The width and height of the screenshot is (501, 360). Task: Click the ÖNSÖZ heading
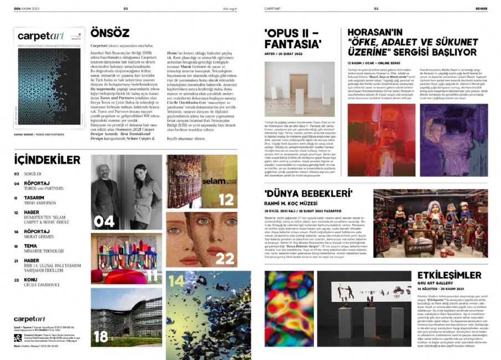110,33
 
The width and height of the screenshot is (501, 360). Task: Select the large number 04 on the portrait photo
104,222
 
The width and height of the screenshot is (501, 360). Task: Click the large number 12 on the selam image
226,199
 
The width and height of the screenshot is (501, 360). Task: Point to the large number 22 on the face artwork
225,259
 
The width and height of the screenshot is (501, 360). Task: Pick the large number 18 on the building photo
101,336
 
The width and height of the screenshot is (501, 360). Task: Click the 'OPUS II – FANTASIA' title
293,38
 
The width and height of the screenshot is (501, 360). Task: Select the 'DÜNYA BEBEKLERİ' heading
309,193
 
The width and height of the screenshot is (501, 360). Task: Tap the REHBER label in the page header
481,8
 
